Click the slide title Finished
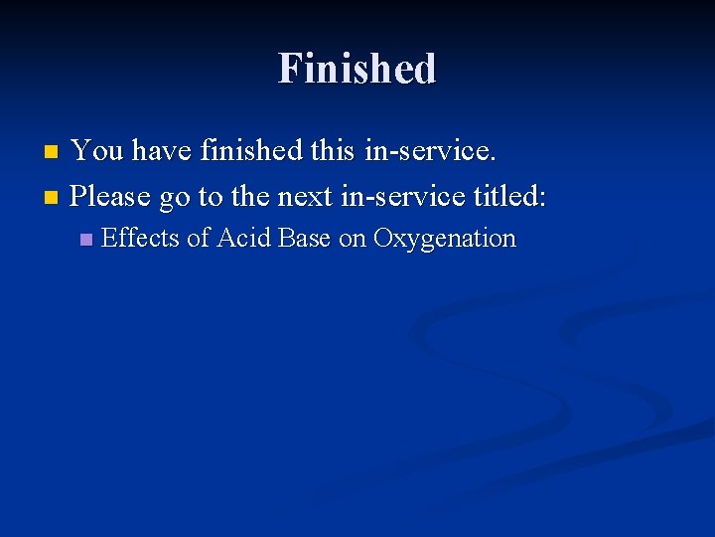(357, 69)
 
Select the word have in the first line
(162, 151)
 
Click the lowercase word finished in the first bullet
(250, 151)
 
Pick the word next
(304, 196)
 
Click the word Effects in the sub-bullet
(140, 239)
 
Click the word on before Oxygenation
(353, 240)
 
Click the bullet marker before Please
(53, 197)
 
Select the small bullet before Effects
(85, 240)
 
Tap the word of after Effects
(199, 239)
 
